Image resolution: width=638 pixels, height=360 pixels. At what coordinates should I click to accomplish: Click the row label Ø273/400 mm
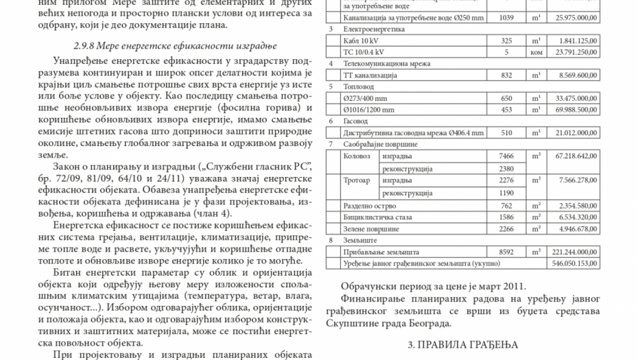[x=363, y=98]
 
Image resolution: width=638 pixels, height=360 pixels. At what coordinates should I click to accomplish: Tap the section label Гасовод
[x=355, y=121]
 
